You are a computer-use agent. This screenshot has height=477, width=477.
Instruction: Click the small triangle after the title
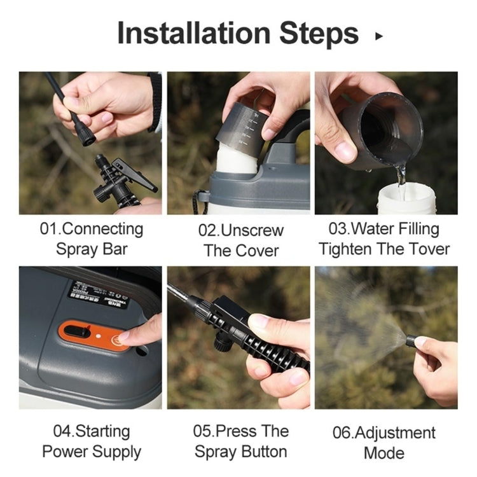tap(380, 36)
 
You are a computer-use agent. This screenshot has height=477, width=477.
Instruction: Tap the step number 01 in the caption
tap(49, 228)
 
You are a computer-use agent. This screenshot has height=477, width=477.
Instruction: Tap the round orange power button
tap(117, 340)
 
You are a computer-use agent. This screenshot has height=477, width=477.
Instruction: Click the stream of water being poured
tap(400, 173)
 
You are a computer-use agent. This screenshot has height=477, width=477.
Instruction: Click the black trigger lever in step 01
tap(141, 180)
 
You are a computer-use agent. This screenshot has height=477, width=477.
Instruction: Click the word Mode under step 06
tap(384, 453)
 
